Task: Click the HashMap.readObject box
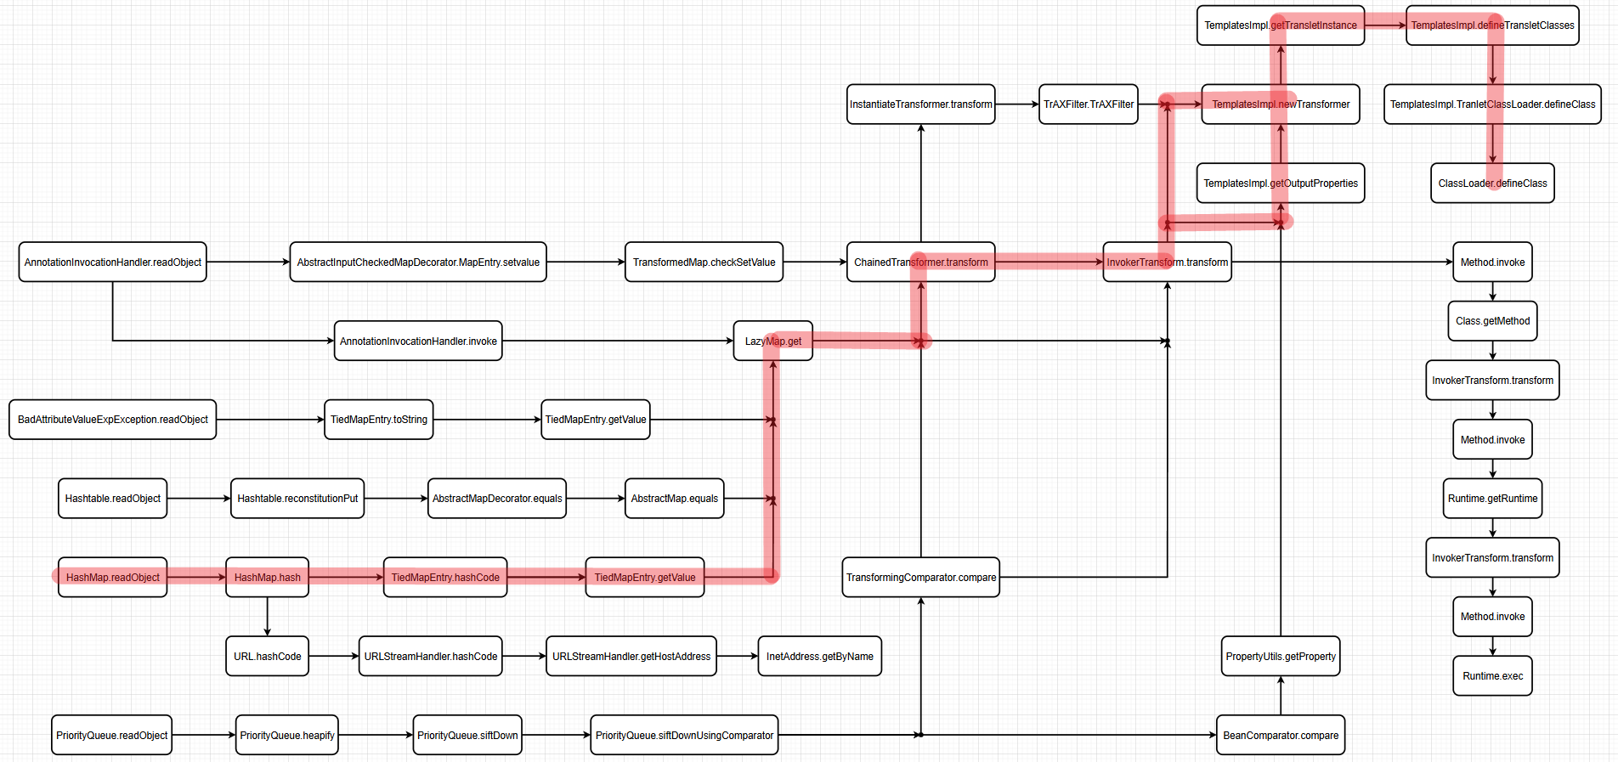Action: click(112, 578)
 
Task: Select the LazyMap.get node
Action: click(772, 341)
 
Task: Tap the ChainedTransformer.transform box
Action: click(920, 262)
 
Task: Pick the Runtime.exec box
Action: click(1492, 676)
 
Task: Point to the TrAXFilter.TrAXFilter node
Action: click(1088, 104)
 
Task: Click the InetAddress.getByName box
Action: click(819, 657)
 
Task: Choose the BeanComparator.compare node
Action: click(1280, 736)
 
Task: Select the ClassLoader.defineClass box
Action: click(1492, 183)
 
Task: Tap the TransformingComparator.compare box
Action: click(920, 578)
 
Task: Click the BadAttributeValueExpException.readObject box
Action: click(112, 420)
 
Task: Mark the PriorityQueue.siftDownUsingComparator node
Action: click(684, 736)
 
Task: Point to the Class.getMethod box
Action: click(1492, 321)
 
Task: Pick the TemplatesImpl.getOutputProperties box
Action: click(1280, 183)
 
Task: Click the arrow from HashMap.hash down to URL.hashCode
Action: click(267, 617)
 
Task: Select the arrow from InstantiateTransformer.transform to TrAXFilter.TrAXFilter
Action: click(1016, 104)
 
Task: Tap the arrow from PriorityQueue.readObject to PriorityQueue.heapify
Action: click(204, 736)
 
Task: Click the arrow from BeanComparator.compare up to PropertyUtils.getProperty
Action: click(1281, 696)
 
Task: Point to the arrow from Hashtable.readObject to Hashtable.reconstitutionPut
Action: click(199, 499)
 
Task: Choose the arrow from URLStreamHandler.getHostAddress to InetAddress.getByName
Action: click(737, 657)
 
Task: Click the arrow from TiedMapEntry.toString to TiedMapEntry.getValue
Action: click(487, 420)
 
